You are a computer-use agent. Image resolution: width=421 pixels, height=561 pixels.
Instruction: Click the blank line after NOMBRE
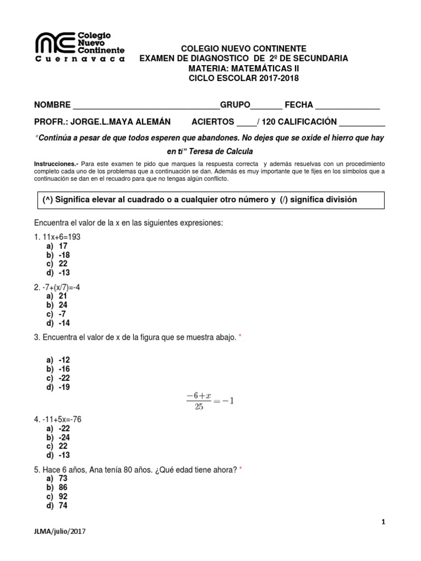(146, 106)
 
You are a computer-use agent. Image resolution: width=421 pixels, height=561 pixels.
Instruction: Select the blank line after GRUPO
(266, 106)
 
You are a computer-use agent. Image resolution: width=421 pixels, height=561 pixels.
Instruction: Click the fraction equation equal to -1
(210, 400)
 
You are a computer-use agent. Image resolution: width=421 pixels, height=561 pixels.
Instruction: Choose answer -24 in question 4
(64, 437)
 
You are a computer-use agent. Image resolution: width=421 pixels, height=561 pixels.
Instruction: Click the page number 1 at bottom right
(384, 522)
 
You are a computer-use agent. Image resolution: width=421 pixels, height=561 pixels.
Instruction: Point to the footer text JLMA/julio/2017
(60, 531)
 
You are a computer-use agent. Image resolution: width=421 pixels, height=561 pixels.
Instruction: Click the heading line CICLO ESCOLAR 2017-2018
(244, 78)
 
